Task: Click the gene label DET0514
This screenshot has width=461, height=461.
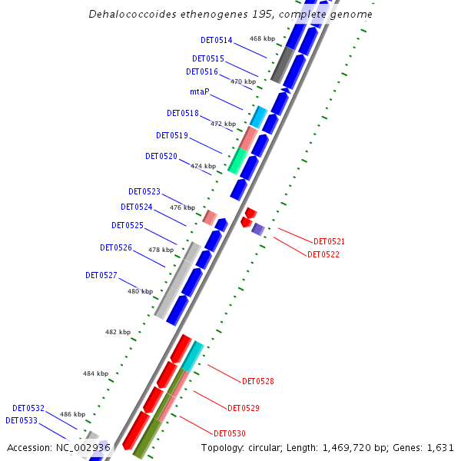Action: tap(217, 40)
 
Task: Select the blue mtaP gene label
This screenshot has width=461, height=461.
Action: tap(200, 91)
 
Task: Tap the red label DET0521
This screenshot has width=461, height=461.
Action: tap(330, 241)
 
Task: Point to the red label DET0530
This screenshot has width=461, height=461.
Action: tap(230, 433)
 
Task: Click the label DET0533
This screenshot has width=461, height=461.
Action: tap(21, 420)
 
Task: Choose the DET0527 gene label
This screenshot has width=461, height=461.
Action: tap(101, 275)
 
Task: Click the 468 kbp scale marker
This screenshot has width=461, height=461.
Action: tap(262, 38)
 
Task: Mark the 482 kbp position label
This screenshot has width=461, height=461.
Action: tap(118, 332)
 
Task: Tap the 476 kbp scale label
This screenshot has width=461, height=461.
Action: tap(182, 207)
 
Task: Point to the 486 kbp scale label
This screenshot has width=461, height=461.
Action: tap(73, 414)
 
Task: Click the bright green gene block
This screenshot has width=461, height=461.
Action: tap(237, 161)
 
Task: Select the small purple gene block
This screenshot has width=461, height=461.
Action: tap(258, 229)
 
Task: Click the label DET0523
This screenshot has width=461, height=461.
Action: tap(144, 191)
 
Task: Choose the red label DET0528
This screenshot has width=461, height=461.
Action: tap(258, 381)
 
